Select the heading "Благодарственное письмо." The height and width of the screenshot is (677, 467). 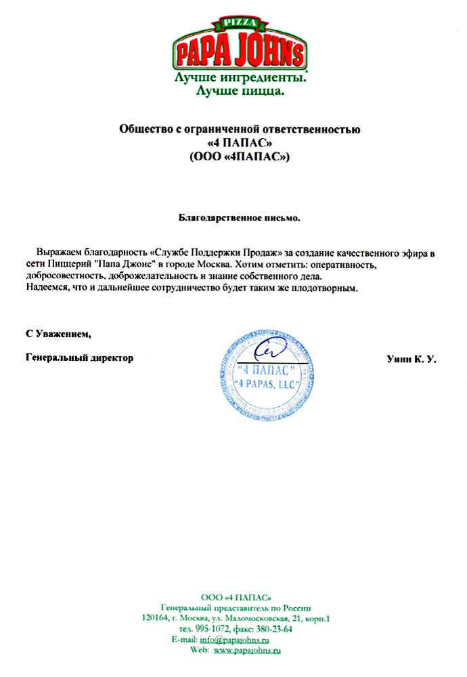[x=239, y=219]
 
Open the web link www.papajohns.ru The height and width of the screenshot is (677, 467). [x=247, y=650]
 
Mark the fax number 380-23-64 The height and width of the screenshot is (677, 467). [x=273, y=628]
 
